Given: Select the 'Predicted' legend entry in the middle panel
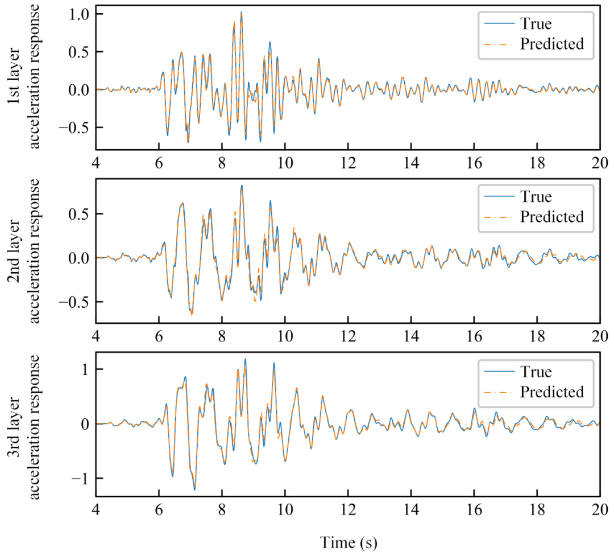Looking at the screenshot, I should pos(551,217).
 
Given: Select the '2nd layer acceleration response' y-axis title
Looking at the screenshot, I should pos(27,251).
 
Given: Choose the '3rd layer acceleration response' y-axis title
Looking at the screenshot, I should pos(27,427).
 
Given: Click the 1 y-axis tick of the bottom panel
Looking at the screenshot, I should pos(84,369).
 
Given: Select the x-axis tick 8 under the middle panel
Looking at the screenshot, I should pos(222,335).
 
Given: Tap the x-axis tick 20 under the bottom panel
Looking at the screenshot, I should pos(599,509).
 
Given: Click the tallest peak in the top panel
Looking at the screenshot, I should pos(241,12).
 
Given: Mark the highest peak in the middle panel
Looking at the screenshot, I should pos(242,186).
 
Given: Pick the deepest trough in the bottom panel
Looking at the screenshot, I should pos(194,489).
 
